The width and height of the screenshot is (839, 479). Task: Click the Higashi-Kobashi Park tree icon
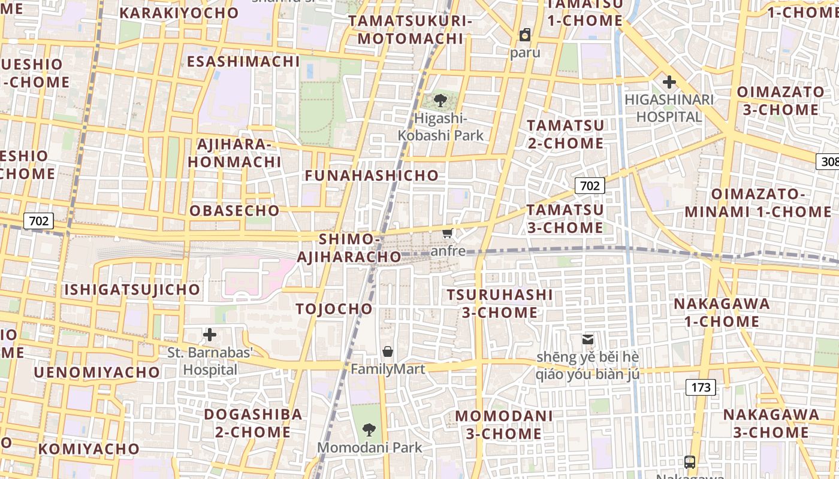pyautogui.click(x=440, y=100)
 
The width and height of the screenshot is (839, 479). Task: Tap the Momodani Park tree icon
pyautogui.click(x=369, y=429)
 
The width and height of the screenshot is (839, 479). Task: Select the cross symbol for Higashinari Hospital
pyautogui.click(x=669, y=82)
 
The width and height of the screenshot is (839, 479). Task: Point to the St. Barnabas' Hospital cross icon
pyautogui.click(x=210, y=335)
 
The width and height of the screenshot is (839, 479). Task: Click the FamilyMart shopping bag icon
pyautogui.click(x=388, y=351)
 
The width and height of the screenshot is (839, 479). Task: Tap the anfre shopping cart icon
pyautogui.click(x=447, y=233)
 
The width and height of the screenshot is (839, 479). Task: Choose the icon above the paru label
pyautogui.click(x=525, y=35)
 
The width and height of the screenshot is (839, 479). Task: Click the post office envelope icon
pyautogui.click(x=587, y=339)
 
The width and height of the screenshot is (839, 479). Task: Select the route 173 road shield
pyautogui.click(x=701, y=387)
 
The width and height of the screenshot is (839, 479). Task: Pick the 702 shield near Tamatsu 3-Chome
pyautogui.click(x=590, y=186)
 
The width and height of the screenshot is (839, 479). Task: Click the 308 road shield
pyautogui.click(x=828, y=162)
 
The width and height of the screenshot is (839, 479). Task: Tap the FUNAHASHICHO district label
pyautogui.click(x=372, y=175)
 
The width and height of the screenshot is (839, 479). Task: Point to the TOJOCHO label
pyautogui.click(x=334, y=309)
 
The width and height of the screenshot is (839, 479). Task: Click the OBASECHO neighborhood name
pyautogui.click(x=234, y=211)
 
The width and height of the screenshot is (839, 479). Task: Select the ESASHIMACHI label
pyautogui.click(x=243, y=62)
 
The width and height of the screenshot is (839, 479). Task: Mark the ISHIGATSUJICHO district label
pyautogui.click(x=132, y=290)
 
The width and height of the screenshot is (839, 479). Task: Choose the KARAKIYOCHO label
pyautogui.click(x=179, y=13)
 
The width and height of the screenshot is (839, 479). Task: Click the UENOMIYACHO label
pyautogui.click(x=96, y=372)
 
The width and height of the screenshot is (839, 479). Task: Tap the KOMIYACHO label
pyautogui.click(x=89, y=448)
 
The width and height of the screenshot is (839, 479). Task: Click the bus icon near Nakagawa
pyautogui.click(x=690, y=462)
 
